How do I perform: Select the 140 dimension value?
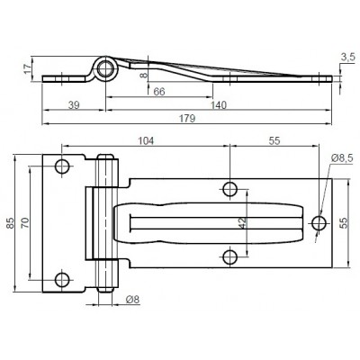(x=219, y=106)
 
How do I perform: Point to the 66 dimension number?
(x=158, y=92)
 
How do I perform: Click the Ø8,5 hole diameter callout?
(x=344, y=158)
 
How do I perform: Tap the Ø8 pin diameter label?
(x=132, y=300)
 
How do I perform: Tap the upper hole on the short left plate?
(x=64, y=167)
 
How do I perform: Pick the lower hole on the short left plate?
(x=64, y=277)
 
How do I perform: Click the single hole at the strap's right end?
(x=319, y=221)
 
